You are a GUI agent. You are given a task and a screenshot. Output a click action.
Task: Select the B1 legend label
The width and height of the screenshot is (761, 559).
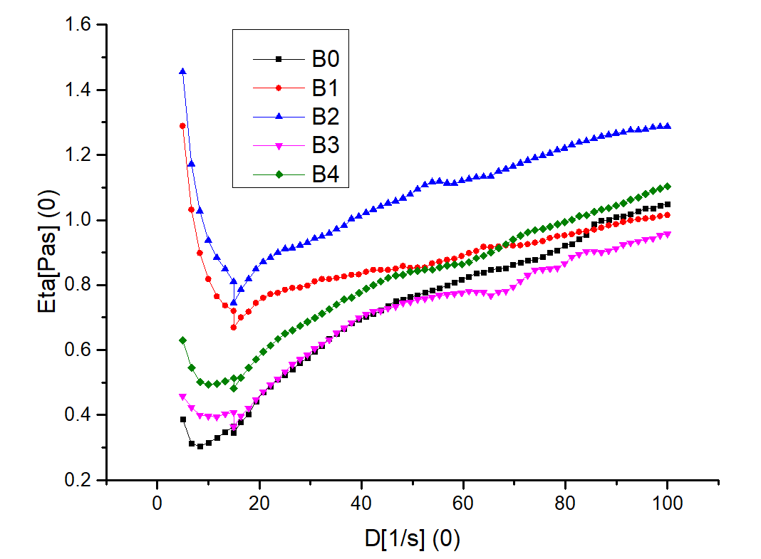323,88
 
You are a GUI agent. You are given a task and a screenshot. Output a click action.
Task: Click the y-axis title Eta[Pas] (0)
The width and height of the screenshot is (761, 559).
51,253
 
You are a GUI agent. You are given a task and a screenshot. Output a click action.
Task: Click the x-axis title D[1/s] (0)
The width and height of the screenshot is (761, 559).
412,538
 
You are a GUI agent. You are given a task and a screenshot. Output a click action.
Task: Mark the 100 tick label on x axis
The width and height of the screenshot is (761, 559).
667,503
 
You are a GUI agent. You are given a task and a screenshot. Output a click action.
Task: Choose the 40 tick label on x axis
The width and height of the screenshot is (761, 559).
361,503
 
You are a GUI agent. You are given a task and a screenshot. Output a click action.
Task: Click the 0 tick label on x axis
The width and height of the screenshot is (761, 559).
157,503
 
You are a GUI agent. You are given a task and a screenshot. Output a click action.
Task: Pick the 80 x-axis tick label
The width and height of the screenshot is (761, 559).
565,503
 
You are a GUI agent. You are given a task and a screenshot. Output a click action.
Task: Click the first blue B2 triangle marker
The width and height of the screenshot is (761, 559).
183,71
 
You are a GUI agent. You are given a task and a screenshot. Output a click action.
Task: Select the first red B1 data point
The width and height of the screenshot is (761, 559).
182,126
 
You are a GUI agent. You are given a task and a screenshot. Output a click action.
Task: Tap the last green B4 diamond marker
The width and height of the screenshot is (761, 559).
668,187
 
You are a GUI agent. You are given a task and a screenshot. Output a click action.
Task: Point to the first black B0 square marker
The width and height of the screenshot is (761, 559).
183,419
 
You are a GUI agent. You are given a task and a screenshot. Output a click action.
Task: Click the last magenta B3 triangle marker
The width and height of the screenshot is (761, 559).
668,234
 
